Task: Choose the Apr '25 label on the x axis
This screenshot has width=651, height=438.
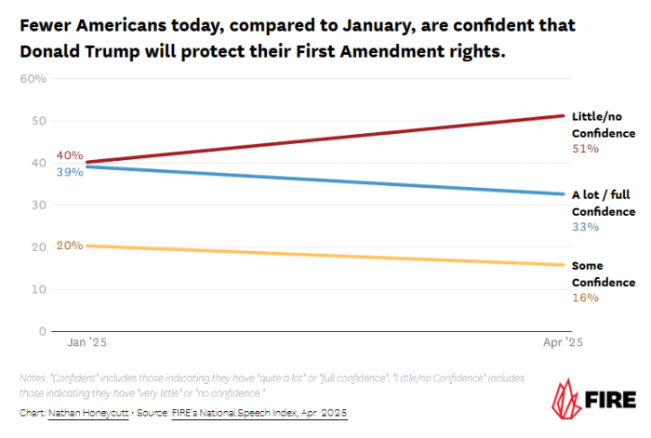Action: click(563, 343)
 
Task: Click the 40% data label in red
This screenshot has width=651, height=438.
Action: click(69, 155)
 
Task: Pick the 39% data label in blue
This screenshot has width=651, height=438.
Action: click(69, 173)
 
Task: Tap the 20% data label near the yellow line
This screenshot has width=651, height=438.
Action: click(69, 246)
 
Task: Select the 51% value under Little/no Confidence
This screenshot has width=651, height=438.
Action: click(585, 149)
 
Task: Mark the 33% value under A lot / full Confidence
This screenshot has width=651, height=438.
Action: click(585, 227)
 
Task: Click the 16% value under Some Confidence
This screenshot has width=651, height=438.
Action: click(585, 298)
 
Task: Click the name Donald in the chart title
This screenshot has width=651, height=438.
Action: click(55, 51)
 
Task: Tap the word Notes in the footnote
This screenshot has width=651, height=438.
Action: click(33, 378)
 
